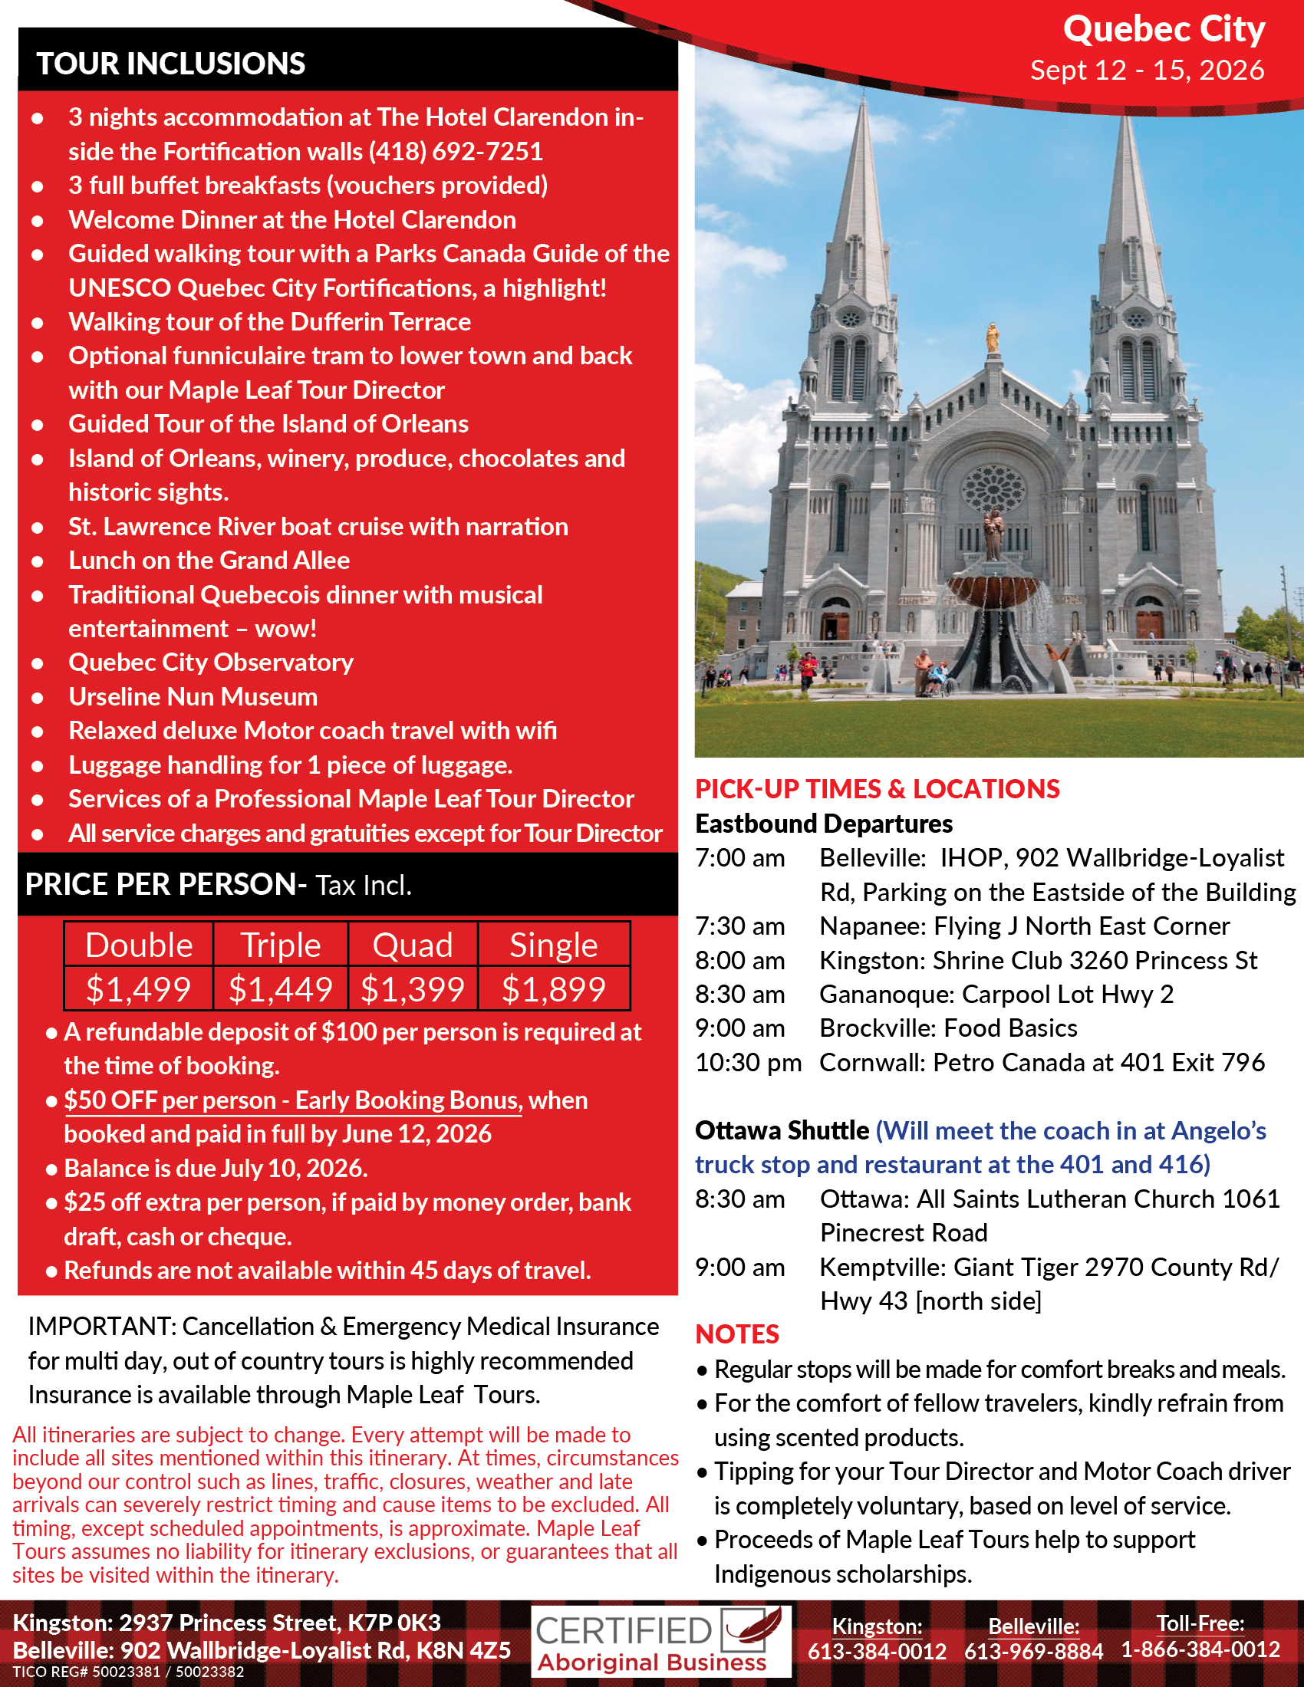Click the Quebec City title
coord(1164,29)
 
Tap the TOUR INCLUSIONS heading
coord(171,64)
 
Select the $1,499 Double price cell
coord(138,988)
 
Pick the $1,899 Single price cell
coord(553,988)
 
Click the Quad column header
coord(413,945)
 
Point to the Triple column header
coord(281,945)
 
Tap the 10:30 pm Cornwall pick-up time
coord(748,1062)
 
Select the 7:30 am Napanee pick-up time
coord(739,926)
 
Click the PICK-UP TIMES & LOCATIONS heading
coord(877,788)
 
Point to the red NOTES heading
coord(737,1334)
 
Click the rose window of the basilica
coord(993,488)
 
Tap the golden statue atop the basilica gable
coord(993,338)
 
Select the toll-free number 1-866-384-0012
coord(1200,1649)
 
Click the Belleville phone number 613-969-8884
coord(1033,1651)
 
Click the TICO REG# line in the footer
coord(128,1672)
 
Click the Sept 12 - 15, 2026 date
coord(1148,71)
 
